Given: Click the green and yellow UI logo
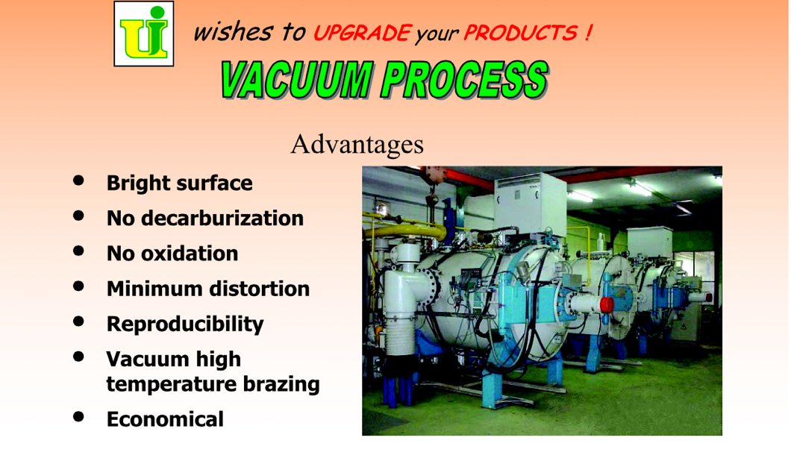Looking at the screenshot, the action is [144, 34].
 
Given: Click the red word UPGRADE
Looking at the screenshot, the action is [363, 34].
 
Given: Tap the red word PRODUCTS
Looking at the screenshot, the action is [521, 34].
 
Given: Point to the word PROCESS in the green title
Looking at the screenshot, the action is [465, 80].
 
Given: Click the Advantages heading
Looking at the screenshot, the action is [357, 144].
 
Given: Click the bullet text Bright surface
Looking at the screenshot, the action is [180, 183].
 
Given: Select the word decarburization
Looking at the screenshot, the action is [222, 218].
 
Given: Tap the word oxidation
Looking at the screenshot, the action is [190, 254].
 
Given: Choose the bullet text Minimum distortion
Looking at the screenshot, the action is [208, 289].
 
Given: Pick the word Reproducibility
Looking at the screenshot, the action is [185, 324].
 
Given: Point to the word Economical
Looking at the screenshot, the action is [165, 419].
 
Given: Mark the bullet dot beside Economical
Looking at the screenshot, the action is [78, 416].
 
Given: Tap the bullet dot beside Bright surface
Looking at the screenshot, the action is [78, 180].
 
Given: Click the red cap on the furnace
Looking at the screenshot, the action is [607, 304].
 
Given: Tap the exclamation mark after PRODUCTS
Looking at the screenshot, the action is [588, 34].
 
